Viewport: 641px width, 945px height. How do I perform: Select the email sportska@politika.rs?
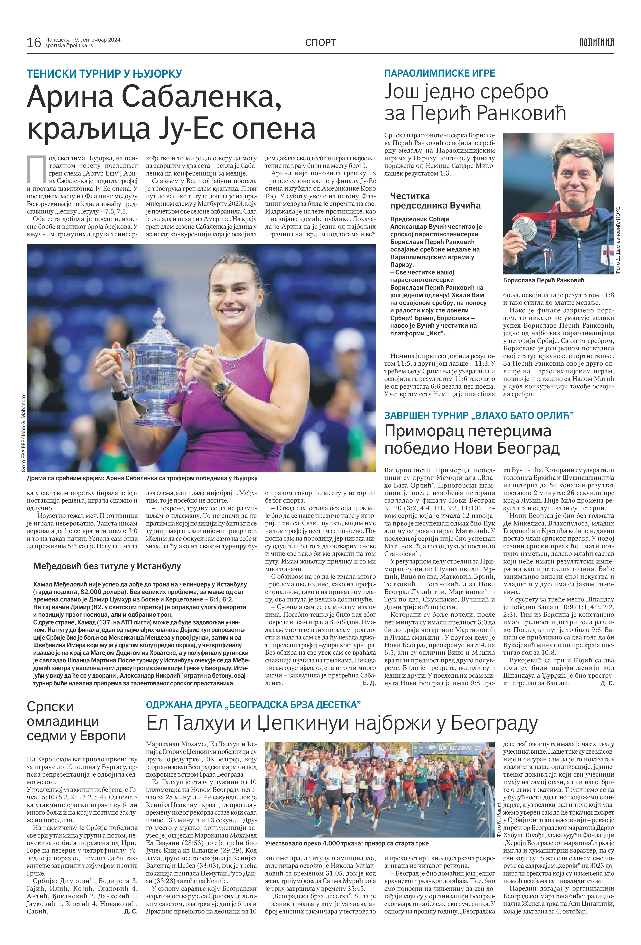[x=69, y=45]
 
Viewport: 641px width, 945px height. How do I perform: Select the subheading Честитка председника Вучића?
[x=435, y=201]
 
